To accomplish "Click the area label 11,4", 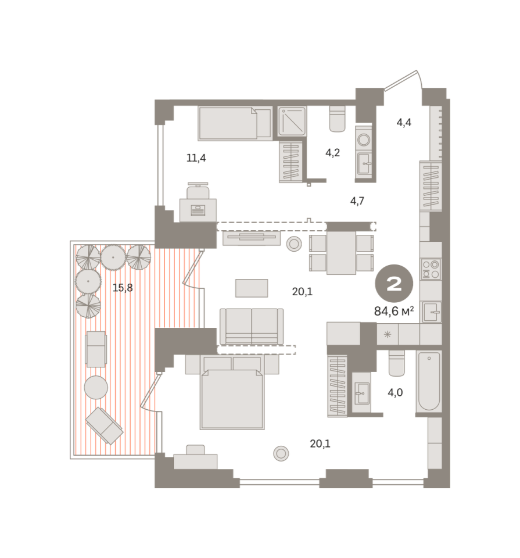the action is pos(196,158).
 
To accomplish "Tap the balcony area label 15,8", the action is pos(123,288).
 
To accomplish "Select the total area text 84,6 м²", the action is pos(394,312).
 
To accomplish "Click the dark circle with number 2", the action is pos(394,284).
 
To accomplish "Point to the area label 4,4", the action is pos(404,123).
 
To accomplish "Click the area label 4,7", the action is pos(357,201).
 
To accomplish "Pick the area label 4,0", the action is pos(395,392).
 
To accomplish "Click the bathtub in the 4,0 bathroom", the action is pos(429,381).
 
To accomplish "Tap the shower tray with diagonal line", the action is pos(292,121).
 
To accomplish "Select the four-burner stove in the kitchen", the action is pos(431,269).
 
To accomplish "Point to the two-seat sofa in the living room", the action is pos(252,326).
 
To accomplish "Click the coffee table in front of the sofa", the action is pos(252,288).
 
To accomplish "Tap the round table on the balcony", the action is pos(96,388).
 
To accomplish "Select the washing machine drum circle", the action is pos(364,139).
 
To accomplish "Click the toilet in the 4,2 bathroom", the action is pos(337,119).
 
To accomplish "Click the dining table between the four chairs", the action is pos(342,253).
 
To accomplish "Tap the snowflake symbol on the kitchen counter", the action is pos(388,334).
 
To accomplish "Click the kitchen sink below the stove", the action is pos(432,312).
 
